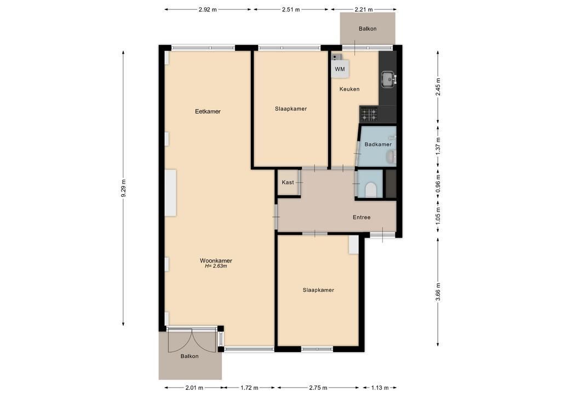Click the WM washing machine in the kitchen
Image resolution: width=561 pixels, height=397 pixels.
pyautogui.click(x=340, y=69)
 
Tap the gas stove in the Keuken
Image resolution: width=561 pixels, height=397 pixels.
pyautogui.click(x=369, y=114)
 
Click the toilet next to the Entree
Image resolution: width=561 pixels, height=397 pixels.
pyautogui.click(x=371, y=190)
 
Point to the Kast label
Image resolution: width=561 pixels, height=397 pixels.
pyautogui.click(x=288, y=182)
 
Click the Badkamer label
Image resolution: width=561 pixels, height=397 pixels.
pyautogui.click(x=378, y=144)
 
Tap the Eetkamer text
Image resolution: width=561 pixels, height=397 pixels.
pyautogui.click(x=208, y=111)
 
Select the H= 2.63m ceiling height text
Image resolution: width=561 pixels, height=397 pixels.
pyautogui.click(x=216, y=266)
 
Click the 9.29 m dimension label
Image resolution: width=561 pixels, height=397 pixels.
pyautogui.click(x=123, y=188)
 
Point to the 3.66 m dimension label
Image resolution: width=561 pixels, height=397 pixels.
pyautogui.click(x=438, y=292)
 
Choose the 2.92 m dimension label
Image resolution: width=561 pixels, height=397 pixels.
pyautogui.click(x=208, y=10)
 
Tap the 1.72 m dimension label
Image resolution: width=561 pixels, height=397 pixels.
pyautogui.click(x=249, y=388)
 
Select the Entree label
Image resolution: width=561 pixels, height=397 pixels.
pyautogui.click(x=362, y=217)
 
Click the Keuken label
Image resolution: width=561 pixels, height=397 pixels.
pyautogui.click(x=349, y=89)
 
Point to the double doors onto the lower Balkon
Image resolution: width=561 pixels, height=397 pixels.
pyautogui.click(x=192, y=339)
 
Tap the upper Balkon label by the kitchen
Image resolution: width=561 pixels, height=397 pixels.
pyautogui.click(x=368, y=29)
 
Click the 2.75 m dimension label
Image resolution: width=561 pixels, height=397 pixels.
pyautogui.click(x=318, y=388)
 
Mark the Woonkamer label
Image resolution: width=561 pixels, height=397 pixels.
pyautogui.click(x=216, y=260)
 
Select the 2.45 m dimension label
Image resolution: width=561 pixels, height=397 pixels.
pyautogui.click(x=438, y=87)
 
